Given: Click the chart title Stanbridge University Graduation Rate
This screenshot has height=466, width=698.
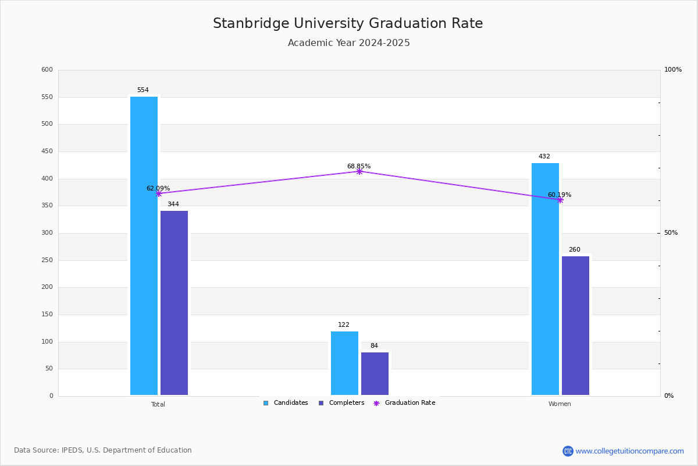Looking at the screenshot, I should [x=348, y=23].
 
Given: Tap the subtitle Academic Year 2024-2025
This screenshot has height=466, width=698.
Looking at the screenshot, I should [x=349, y=43].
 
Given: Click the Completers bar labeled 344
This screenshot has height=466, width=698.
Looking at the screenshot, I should [x=174, y=303].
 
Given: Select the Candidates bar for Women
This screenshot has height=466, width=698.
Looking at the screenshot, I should [x=545, y=279].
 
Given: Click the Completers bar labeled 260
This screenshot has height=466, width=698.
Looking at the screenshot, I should [x=575, y=326].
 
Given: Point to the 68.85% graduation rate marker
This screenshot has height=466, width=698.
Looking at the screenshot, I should [x=359, y=171].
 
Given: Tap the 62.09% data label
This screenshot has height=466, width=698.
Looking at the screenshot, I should [x=158, y=189].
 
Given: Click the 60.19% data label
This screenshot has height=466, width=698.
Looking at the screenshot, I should [x=560, y=195].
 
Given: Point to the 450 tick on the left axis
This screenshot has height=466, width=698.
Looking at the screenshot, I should [x=47, y=151].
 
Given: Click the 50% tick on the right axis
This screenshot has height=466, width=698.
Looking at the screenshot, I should [x=671, y=233].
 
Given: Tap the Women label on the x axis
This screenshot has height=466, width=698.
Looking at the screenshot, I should [x=560, y=404].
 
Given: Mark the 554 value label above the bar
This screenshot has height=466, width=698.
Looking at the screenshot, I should [x=143, y=90].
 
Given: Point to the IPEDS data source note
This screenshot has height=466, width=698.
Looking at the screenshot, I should [x=103, y=450].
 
